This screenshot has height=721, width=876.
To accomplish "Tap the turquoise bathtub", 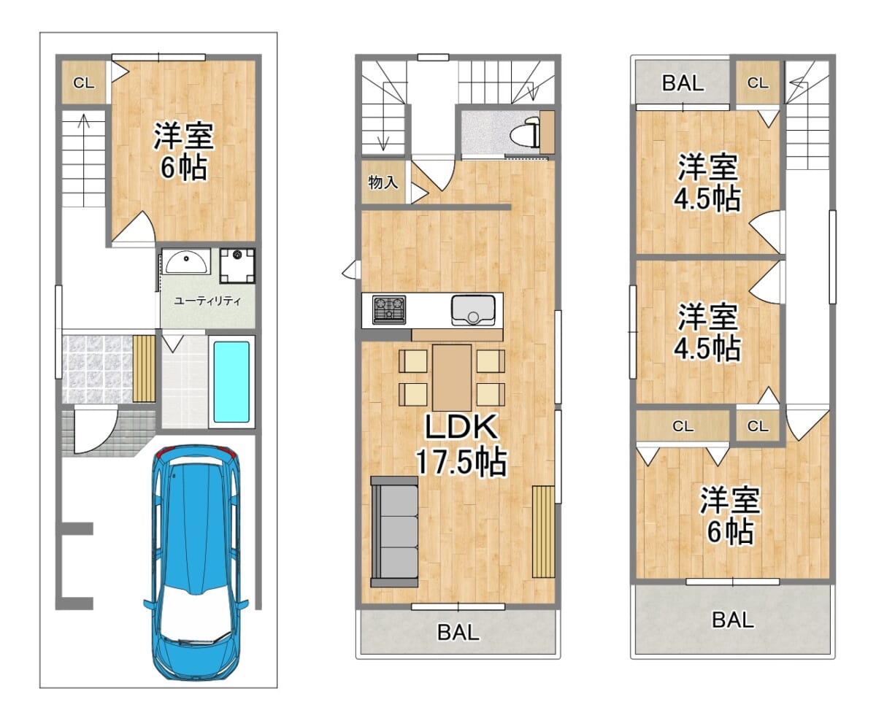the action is (231, 382).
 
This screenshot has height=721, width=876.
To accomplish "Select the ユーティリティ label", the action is (207, 300).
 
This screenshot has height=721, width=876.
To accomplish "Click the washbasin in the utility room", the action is (185, 261).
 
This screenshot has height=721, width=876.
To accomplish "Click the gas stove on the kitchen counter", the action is (389, 309).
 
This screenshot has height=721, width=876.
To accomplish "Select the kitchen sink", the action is (473, 310).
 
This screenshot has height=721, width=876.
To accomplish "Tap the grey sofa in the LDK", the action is (394, 531).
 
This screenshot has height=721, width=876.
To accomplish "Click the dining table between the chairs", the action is (452, 377).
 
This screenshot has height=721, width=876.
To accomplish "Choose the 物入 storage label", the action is (383, 182).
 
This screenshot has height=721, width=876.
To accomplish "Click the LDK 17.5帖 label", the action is (461, 444).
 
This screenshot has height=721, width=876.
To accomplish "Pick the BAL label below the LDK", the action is (458, 633).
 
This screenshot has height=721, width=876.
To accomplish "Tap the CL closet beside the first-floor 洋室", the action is (84, 83).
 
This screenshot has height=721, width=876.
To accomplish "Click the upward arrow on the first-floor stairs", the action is (84, 161).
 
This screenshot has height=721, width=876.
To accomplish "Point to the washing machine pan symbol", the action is (237, 266).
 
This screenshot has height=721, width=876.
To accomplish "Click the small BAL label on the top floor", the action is (683, 83).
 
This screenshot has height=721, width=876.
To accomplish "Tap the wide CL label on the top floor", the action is (683, 426).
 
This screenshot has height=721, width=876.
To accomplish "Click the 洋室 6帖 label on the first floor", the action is (183, 151).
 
